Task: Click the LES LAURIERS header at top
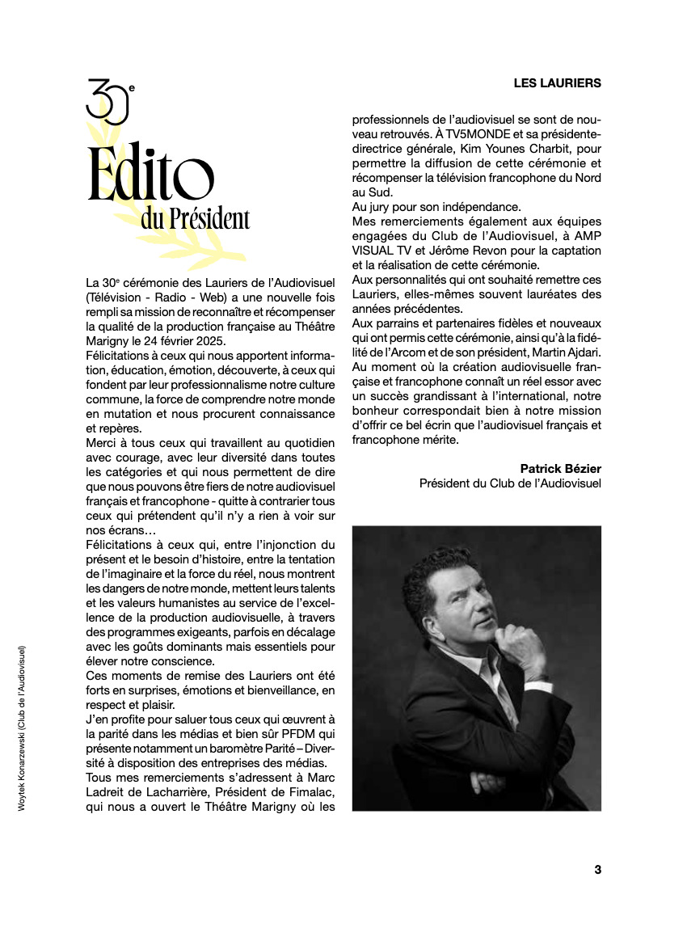click(x=557, y=83)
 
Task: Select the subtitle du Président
click(x=195, y=218)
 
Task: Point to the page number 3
click(x=597, y=870)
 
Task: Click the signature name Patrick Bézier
click(x=560, y=469)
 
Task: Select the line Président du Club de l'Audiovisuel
click(x=510, y=483)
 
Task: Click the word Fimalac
click(x=306, y=792)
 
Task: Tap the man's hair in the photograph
click(x=440, y=570)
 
